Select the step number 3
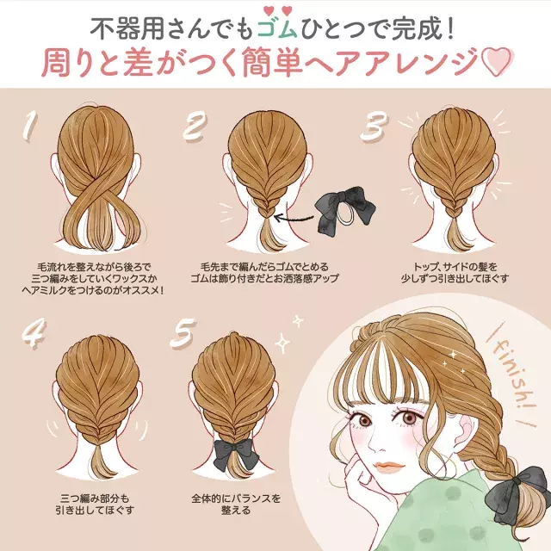pos(375,127)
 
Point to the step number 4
pos(34,333)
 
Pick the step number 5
pos(183,333)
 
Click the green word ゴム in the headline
pos(277,28)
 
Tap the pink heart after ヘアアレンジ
pos(496,62)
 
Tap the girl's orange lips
pos(388,467)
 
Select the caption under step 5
pos(236,504)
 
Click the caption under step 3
pos(455,273)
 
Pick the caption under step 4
pos(95,504)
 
